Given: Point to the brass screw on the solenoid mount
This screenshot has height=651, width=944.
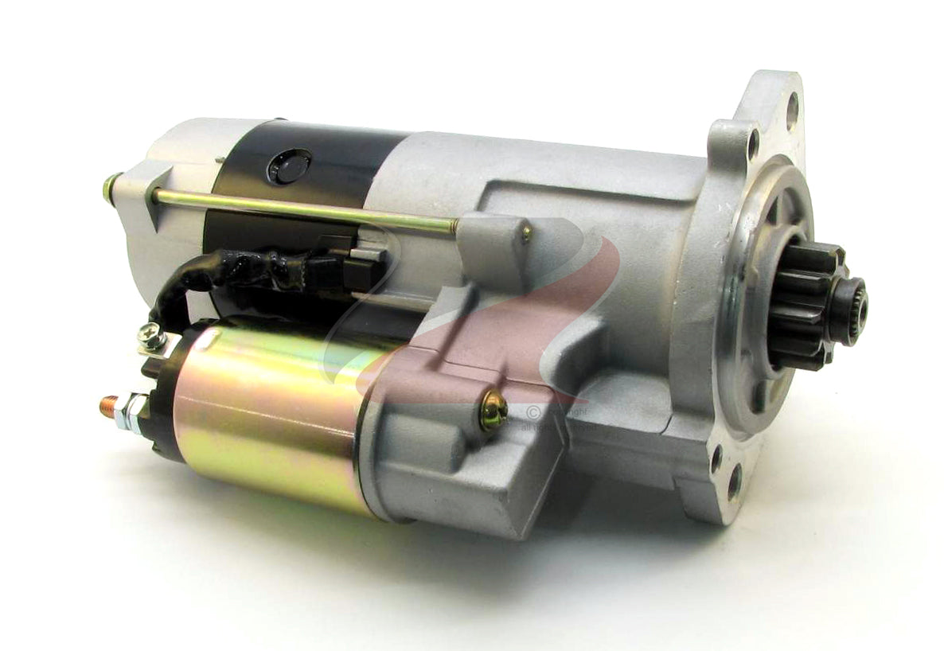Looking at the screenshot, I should (x=493, y=410).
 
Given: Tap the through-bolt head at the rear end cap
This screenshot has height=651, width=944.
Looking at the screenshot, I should (x=110, y=188).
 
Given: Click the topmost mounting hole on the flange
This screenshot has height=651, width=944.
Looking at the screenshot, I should (x=792, y=100).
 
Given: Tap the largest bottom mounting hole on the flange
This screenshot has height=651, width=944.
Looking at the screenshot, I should (x=734, y=481).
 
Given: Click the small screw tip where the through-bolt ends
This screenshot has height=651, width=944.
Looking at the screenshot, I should (x=526, y=232).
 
